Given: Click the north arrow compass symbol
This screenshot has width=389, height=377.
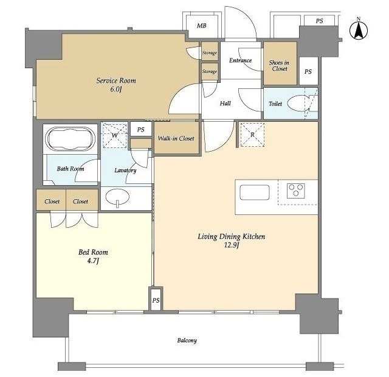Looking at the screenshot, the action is click(x=359, y=30).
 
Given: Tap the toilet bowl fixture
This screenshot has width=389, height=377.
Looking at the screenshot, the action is click(x=298, y=103).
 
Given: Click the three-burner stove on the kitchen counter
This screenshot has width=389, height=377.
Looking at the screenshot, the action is click(x=296, y=191).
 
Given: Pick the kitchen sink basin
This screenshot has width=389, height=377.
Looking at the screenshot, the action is click(x=255, y=192).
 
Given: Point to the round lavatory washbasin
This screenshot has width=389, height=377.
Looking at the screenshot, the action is click(x=117, y=197).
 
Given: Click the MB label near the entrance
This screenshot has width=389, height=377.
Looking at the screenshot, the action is click(x=201, y=26).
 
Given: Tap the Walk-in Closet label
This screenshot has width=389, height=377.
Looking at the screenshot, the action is click(x=176, y=138).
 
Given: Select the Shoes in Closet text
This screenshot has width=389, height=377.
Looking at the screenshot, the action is click(x=280, y=66).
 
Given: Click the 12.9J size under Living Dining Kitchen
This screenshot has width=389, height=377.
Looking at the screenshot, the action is click(x=232, y=245).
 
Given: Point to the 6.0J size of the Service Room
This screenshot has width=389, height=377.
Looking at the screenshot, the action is click(x=116, y=90).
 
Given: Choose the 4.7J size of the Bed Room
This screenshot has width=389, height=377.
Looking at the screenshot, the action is click(x=92, y=261).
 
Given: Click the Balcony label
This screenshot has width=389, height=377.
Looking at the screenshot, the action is click(x=187, y=340).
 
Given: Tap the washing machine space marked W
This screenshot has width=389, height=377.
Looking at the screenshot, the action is click(x=115, y=135).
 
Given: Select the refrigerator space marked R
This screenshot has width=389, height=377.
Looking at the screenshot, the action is click(x=252, y=135).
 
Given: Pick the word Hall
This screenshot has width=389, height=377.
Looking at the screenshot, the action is click(x=225, y=104).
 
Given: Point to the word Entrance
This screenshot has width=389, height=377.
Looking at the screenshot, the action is click(x=240, y=60).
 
